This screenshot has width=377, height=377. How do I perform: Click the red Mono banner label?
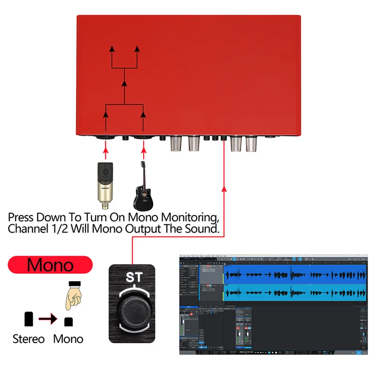(50, 264)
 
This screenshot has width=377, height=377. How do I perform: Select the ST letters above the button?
(131, 278)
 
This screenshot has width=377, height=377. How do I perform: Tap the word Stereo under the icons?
(28, 339)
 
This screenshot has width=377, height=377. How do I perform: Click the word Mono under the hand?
(68, 339)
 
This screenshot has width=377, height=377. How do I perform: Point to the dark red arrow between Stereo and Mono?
(48, 320)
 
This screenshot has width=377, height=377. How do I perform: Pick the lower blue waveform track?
(295, 293)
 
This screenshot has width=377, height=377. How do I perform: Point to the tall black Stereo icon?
(28, 319)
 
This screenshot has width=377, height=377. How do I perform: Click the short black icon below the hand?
(69, 322)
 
